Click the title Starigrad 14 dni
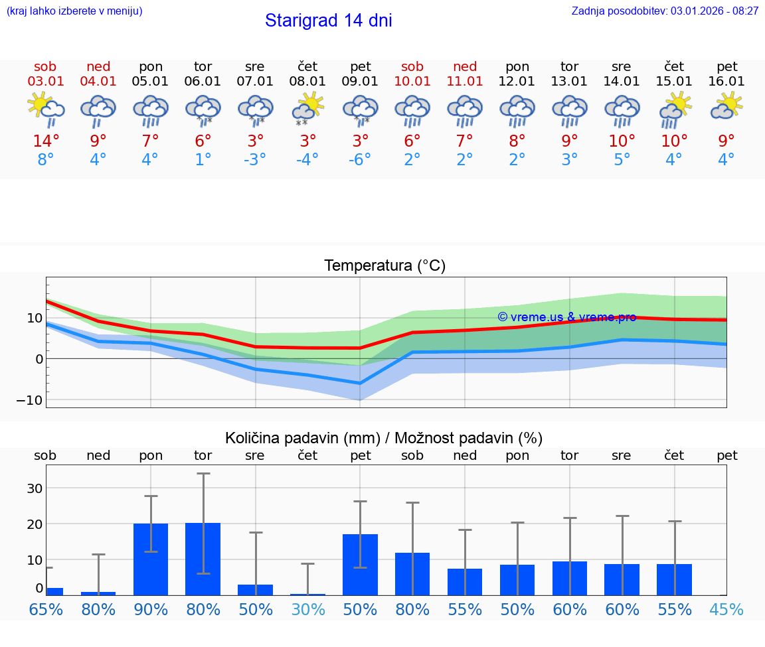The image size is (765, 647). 328,21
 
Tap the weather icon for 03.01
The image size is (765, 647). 45,109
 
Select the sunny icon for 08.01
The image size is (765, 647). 308,108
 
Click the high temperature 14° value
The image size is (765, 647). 46,141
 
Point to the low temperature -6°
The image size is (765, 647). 360,160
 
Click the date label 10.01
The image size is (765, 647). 412,82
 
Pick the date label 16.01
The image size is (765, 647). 726,82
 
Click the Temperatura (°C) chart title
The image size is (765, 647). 384,266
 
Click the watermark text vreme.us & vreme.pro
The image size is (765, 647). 566,317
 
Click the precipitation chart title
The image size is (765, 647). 384,438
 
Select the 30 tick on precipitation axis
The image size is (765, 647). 35,488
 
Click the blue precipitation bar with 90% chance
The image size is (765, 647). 151,559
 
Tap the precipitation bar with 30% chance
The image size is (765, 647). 307,594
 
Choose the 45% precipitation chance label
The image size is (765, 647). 726,610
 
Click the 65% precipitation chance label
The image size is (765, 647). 46,610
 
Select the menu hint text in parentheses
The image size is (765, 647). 74,11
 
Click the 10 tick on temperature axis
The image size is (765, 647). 35,318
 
